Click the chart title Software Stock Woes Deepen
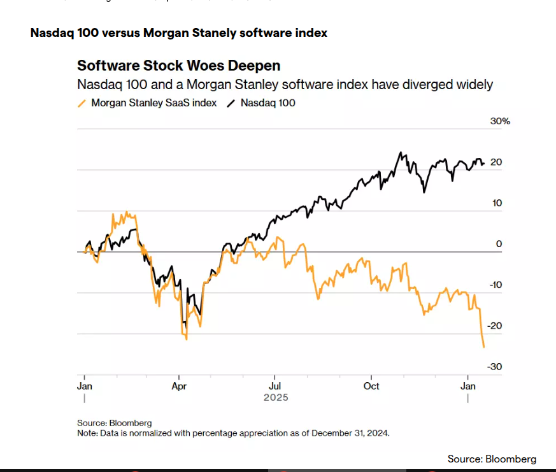[178, 66]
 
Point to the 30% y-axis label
[500, 121]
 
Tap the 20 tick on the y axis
[496, 162]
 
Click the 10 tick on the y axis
[496, 203]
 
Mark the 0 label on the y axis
[499, 244]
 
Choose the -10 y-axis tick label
[495, 285]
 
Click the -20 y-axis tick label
[495, 325]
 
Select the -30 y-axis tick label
[495, 366]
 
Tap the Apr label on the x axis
[180, 386]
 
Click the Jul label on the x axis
[275, 386]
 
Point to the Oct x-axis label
[371, 386]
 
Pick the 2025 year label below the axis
[275, 397]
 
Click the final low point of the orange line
[484, 347]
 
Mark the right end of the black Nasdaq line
[483, 164]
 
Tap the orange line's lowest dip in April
[186, 339]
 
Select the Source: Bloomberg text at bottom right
[492, 459]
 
